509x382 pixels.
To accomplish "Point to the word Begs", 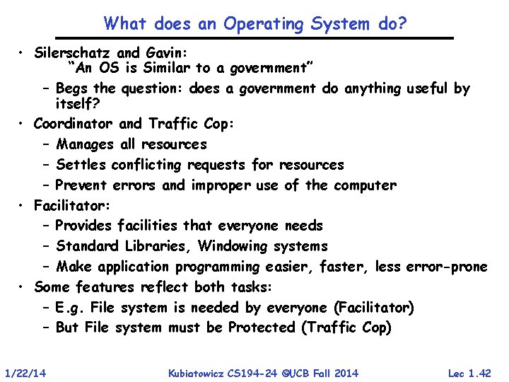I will (72, 89).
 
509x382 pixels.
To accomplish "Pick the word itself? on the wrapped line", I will (78, 103).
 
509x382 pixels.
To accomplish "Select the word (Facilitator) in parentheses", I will (375, 308).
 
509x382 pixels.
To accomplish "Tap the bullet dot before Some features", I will (23, 287).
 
